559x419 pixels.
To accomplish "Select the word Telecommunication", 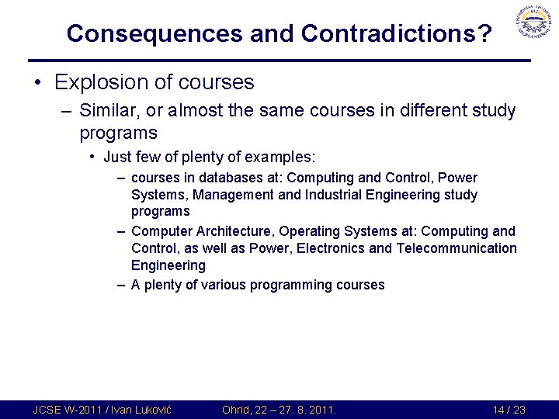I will point(456,248).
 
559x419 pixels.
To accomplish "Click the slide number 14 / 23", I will point(509,410).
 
